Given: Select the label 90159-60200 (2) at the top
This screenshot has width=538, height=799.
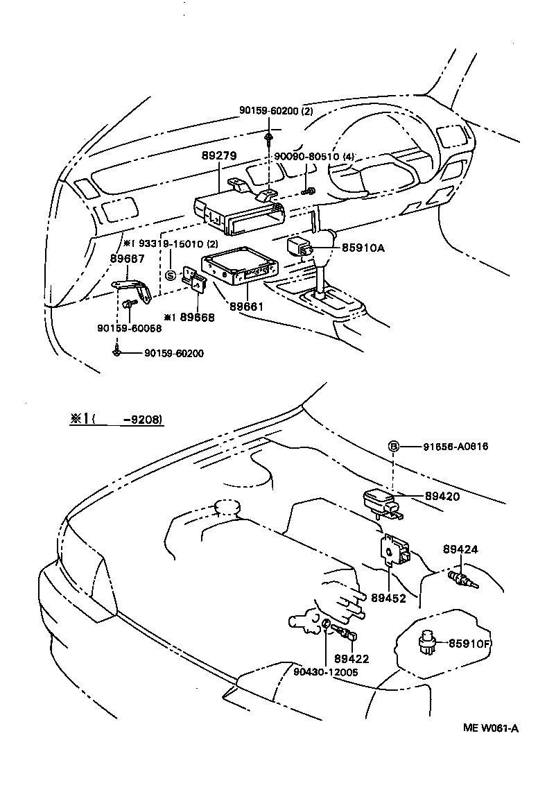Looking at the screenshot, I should [x=276, y=110].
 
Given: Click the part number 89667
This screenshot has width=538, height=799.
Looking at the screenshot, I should [x=128, y=258].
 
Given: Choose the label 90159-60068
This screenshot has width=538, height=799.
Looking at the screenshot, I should [x=128, y=328].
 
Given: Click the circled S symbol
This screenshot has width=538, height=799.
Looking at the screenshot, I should [x=171, y=275].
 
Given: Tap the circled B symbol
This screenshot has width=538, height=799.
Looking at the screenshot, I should [x=393, y=446].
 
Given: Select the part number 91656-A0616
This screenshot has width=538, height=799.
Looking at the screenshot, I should [x=455, y=446].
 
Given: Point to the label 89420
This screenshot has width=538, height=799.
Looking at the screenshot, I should [x=442, y=497].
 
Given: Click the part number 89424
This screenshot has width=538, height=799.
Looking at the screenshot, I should [x=460, y=550].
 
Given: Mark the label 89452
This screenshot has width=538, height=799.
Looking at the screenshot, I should [x=388, y=598].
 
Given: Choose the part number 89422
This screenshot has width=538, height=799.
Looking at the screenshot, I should [x=351, y=659].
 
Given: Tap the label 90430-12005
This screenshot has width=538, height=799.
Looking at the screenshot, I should [x=325, y=672].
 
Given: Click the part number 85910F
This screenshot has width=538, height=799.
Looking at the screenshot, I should [x=469, y=644].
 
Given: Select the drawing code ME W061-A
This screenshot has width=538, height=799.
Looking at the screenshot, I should [x=491, y=728].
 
